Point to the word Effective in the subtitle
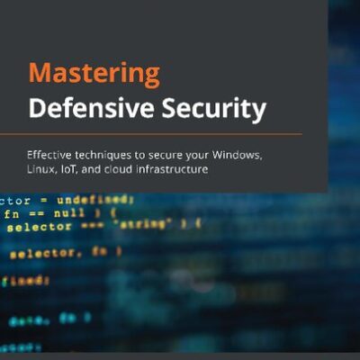(52, 156)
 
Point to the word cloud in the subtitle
(126, 170)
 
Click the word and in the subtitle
(98, 170)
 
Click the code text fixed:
(24, 280)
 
